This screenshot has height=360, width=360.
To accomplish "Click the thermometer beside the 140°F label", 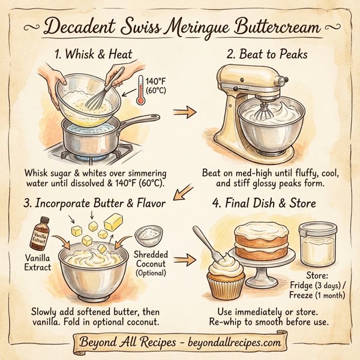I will click(x=140, y=90).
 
